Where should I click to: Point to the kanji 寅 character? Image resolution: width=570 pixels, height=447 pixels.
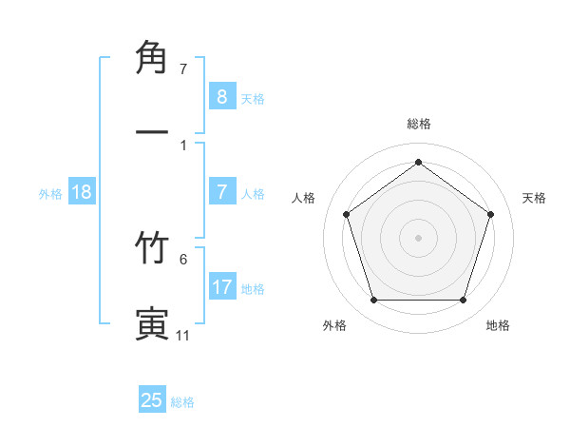tap(153, 322)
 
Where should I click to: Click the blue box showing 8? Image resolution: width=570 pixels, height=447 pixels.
tap(221, 96)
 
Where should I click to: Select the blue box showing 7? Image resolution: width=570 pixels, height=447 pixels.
tap(221, 192)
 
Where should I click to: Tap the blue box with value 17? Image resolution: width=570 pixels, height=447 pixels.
tap(221, 287)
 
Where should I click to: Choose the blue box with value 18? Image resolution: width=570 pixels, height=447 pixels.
tap(82, 192)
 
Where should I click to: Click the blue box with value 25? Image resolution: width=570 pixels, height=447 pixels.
tap(152, 400)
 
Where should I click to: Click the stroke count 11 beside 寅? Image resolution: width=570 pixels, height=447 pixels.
tap(182, 336)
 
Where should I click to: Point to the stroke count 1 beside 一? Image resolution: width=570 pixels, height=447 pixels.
tap(183, 145)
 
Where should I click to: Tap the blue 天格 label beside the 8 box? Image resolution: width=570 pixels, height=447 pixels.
tap(253, 99)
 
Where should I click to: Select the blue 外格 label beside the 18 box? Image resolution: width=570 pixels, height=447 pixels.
tap(50, 194)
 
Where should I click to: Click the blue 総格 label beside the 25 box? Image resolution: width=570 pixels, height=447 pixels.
tap(182, 402)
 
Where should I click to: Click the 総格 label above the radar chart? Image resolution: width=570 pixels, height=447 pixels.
tap(418, 124)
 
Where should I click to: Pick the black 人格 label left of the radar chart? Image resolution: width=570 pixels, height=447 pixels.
tap(304, 198)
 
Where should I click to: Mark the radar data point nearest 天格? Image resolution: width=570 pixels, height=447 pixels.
tap(490, 214)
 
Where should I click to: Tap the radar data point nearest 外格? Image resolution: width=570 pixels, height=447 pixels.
tap(373, 301)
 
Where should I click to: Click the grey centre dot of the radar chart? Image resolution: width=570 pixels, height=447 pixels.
tap(418, 238)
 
